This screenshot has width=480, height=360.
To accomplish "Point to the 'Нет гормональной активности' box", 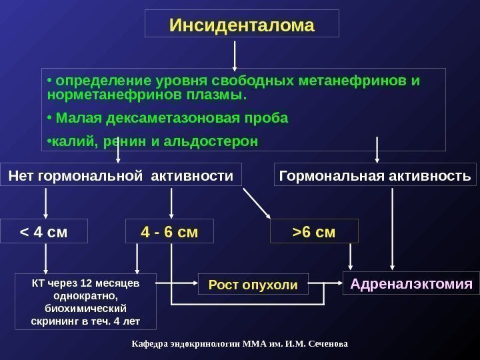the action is tap(121, 176).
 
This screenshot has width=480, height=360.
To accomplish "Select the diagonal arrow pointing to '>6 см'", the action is tap(257, 203).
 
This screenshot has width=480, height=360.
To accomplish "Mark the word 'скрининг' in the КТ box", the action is tap(54, 322).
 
